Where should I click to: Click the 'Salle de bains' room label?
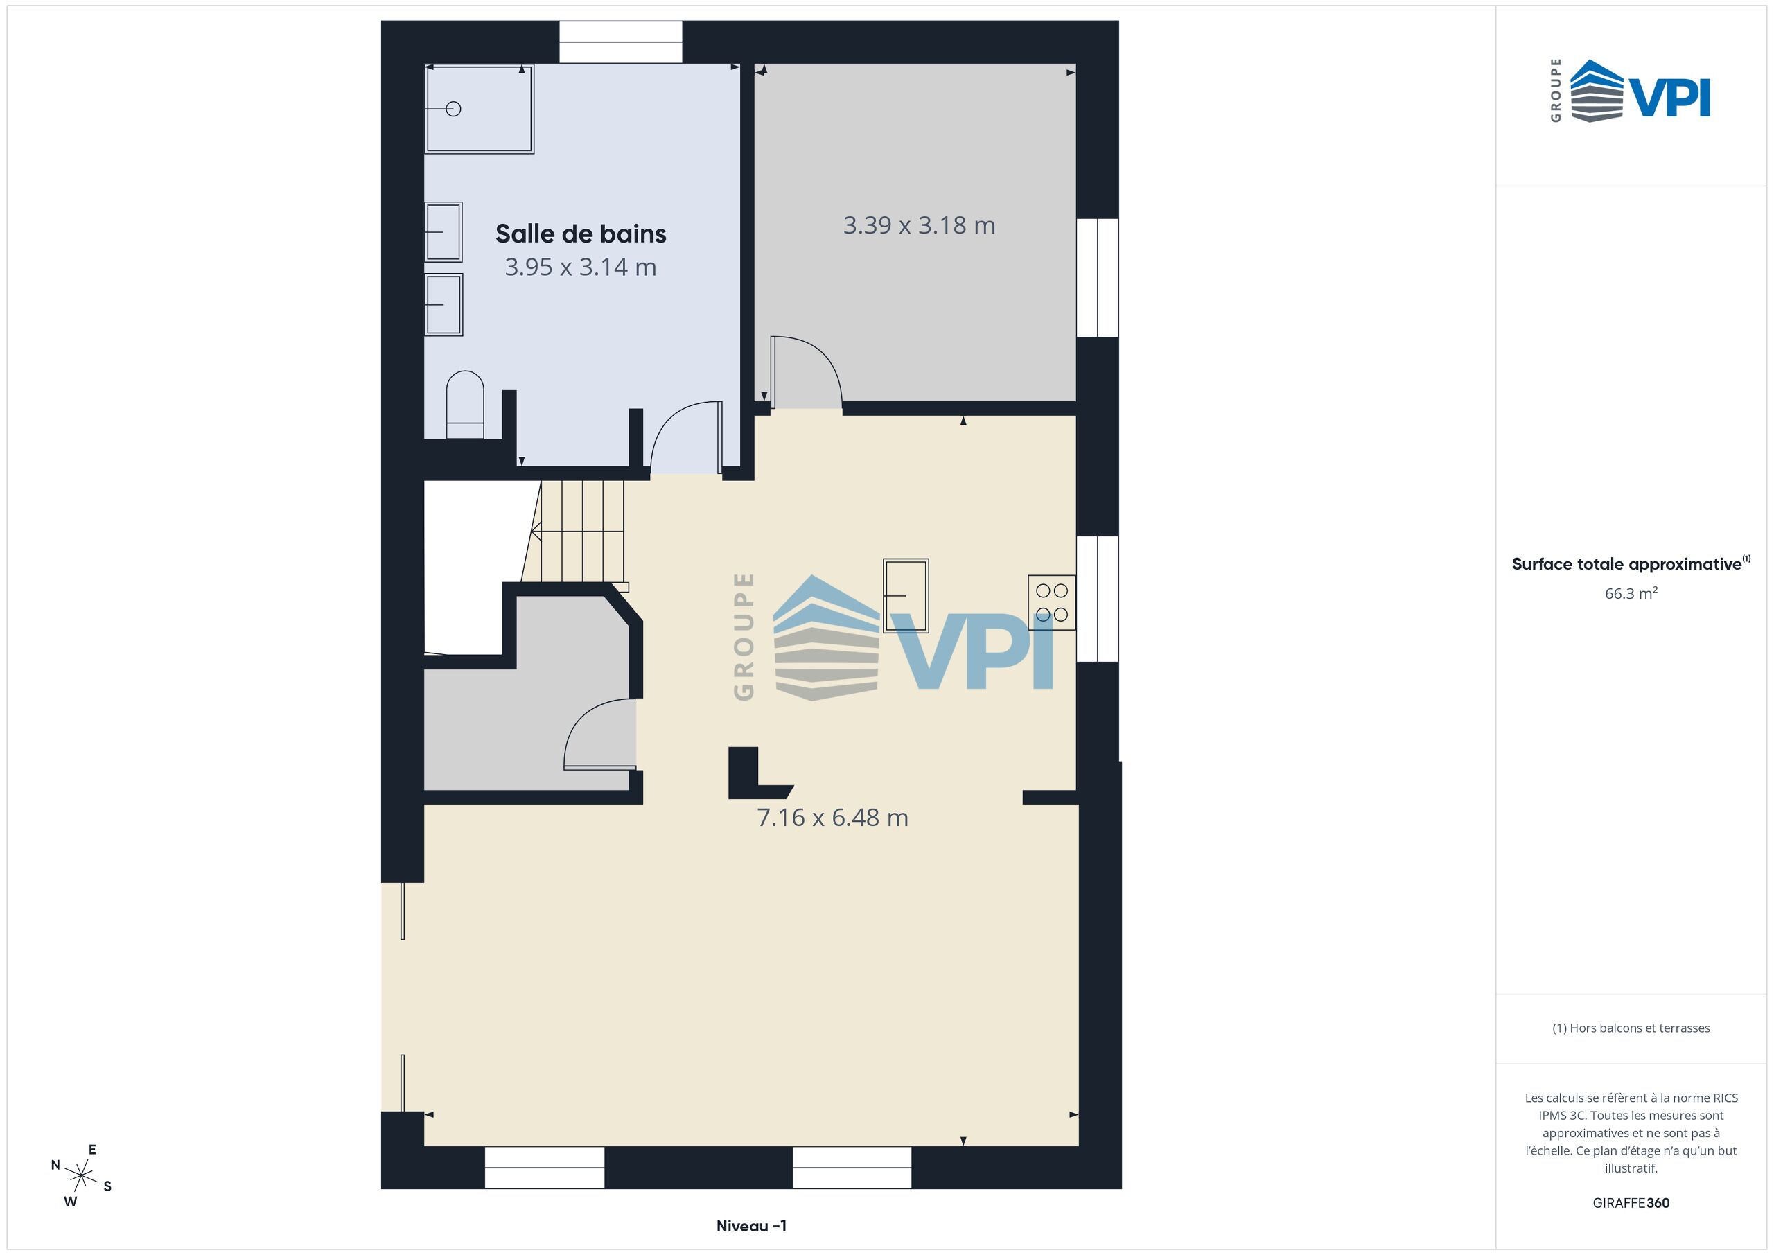(x=580, y=234)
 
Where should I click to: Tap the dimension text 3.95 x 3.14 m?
(x=580, y=267)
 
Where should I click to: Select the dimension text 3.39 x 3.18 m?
(x=919, y=226)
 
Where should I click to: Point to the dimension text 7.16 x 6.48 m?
(x=832, y=818)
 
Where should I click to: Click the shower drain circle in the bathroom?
(x=453, y=109)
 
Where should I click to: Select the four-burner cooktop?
(x=1051, y=603)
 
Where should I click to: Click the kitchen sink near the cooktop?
(x=906, y=596)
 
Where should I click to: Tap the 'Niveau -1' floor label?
(x=752, y=1226)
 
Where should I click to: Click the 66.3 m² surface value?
(x=1631, y=593)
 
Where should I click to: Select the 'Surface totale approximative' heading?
(x=1631, y=563)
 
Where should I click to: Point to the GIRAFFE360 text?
(x=1631, y=1203)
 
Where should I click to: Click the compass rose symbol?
(x=81, y=1176)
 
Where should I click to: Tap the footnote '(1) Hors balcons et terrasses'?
(x=1631, y=1028)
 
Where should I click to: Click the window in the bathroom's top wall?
(x=620, y=42)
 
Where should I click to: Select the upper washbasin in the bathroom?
(x=443, y=232)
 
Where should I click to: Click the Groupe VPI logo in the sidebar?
(x=1631, y=90)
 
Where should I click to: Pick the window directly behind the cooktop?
(x=1097, y=599)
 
